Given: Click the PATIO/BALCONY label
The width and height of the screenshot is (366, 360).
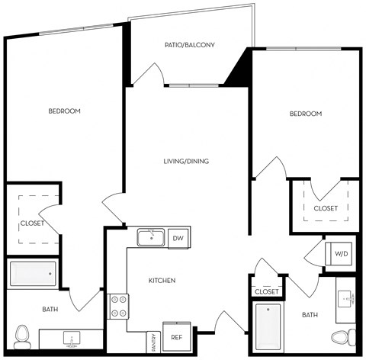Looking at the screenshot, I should pos(189,45).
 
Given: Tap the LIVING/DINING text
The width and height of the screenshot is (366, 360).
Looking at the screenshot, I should pos(186,161).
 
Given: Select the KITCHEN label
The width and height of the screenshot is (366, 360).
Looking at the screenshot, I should pos(162,281).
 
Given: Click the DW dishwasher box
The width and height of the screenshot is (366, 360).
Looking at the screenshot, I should pos(178,238).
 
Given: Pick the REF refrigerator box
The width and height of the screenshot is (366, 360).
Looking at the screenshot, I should pos(176,337).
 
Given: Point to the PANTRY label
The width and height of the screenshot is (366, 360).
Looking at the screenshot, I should pos(153,340).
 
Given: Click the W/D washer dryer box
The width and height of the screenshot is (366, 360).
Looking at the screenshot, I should pos(341,252).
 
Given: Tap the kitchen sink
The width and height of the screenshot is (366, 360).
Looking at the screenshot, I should pos(152,237).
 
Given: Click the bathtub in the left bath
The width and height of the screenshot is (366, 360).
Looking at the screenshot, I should pos(33,272).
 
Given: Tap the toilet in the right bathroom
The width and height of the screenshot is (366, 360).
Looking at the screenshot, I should pos(344,336).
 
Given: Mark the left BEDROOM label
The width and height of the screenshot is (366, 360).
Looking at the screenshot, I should pos(64,111).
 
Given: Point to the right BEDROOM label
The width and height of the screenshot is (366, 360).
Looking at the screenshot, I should pos(306,114).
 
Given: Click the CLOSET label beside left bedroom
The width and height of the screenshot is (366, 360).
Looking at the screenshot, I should pos(32,223).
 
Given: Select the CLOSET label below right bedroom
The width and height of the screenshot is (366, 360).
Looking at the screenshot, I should pos(326,207).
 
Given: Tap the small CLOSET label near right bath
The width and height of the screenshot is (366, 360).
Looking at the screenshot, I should pos(266,291).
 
